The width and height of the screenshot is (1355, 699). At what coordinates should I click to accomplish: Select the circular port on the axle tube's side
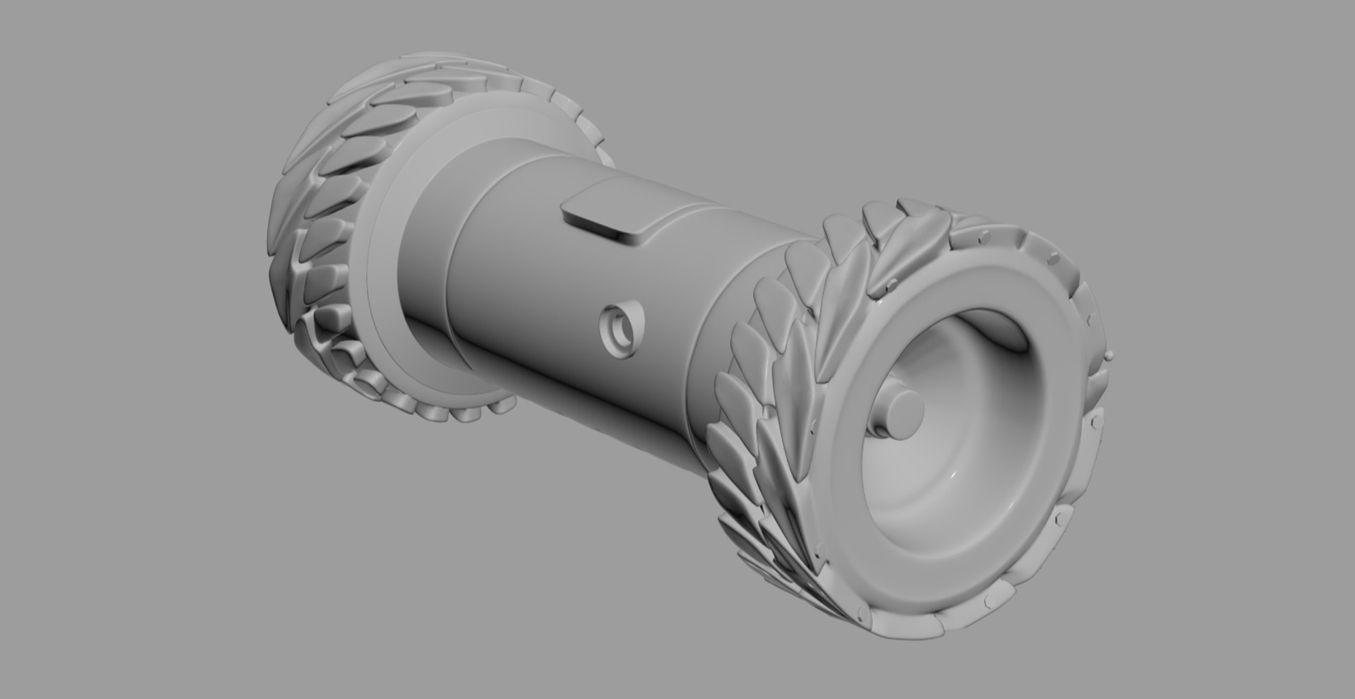pos(622,330)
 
